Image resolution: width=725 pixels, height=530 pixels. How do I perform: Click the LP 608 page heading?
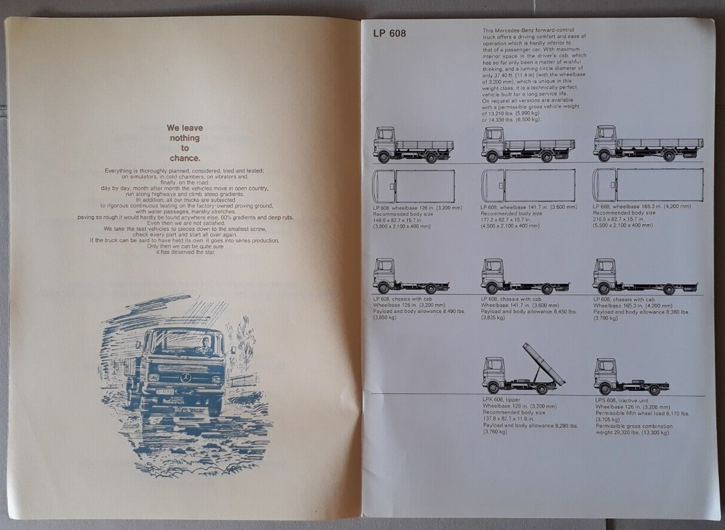pyautogui.click(x=389, y=33)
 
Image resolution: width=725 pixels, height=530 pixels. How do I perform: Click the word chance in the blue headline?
pyautogui.click(x=184, y=158)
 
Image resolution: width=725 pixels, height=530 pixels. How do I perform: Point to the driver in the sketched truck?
pyautogui.click(x=205, y=345)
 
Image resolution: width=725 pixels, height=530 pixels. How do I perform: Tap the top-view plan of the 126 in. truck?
pyautogui.click(x=414, y=186)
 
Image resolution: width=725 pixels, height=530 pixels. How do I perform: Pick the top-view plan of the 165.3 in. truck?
pyautogui.click(x=648, y=185)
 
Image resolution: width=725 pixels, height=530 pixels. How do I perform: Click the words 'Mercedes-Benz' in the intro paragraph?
pyautogui.click(x=524, y=30)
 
